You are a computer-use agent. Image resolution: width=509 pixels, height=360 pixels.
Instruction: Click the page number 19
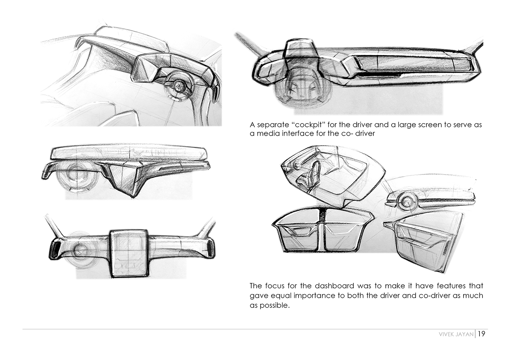[481, 334]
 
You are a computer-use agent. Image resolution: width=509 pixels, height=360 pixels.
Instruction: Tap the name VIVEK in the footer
[446, 334]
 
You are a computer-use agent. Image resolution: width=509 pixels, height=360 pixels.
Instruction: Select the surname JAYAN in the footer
[465, 334]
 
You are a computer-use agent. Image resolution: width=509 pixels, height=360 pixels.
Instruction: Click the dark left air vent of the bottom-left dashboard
[55, 249]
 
